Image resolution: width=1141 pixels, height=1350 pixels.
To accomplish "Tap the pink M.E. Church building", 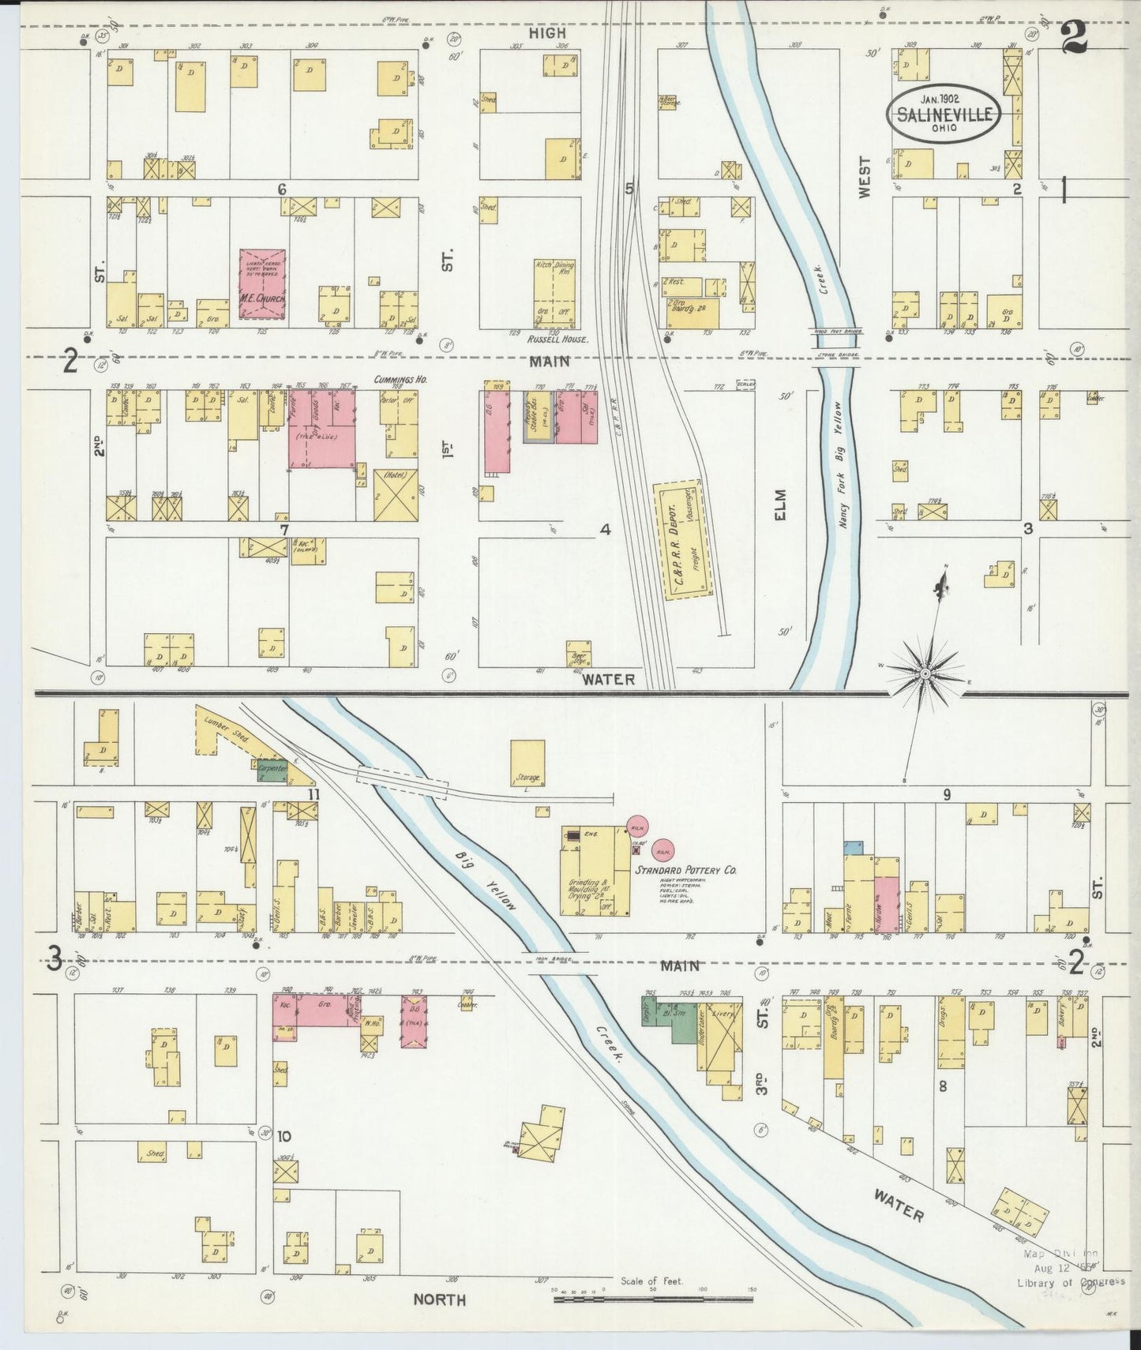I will tap(262, 285).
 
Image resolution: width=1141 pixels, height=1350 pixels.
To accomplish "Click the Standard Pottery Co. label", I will tap(685, 870).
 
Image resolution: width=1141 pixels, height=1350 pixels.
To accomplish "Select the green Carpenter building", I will tap(272, 767).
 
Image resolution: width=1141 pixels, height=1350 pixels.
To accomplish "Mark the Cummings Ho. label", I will tap(401, 380).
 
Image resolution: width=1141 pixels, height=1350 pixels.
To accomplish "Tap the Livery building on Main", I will tap(723, 1035).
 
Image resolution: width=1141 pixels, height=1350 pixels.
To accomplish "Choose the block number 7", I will tap(283, 529).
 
